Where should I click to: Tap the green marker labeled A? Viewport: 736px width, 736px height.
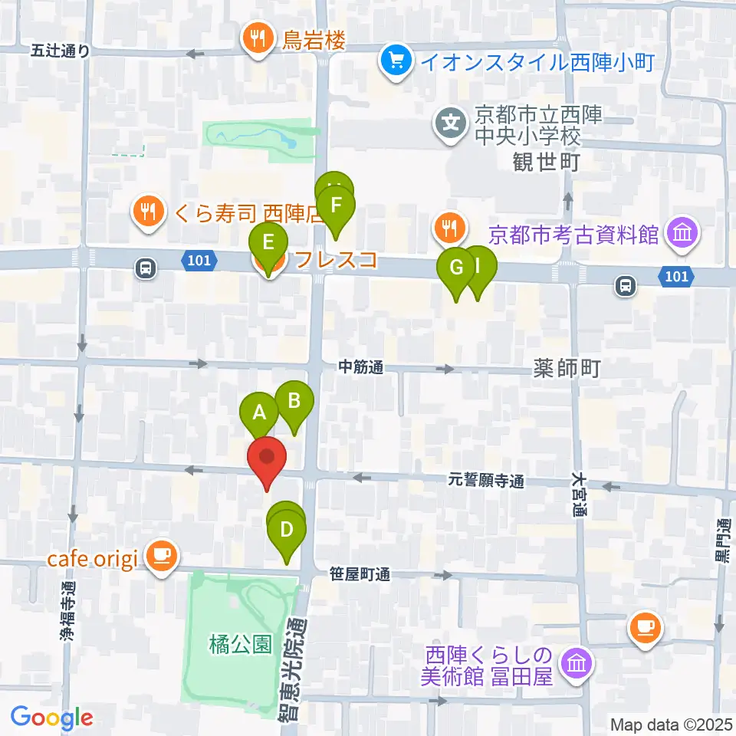coord(259,414)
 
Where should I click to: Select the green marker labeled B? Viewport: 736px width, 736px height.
coord(294,401)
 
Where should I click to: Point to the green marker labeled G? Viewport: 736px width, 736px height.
coord(456,268)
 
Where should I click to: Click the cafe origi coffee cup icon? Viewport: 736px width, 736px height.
coord(160,555)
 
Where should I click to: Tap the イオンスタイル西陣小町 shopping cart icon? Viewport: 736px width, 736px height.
coord(396,60)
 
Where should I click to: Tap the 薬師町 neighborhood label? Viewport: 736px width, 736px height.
coord(566,370)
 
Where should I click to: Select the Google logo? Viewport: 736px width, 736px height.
coord(51,717)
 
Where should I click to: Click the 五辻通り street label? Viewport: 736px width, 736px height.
coord(61,51)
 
